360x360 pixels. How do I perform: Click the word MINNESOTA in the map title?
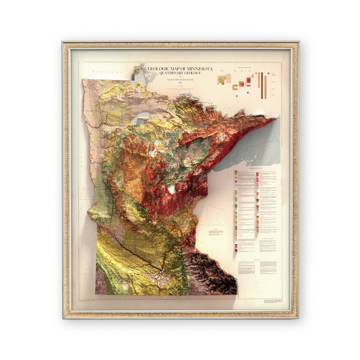[x=196, y=69]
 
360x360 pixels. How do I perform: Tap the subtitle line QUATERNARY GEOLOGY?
[x=180, y=74]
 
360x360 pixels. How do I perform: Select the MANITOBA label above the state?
[x=101, y=72]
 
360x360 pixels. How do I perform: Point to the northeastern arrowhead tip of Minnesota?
[x=272, y=119]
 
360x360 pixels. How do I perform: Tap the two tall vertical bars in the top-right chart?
[x=262, y=85]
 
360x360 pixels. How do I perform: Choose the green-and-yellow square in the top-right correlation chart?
[x=221, y=79]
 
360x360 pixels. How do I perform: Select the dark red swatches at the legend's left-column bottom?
[x=236, y=247]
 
